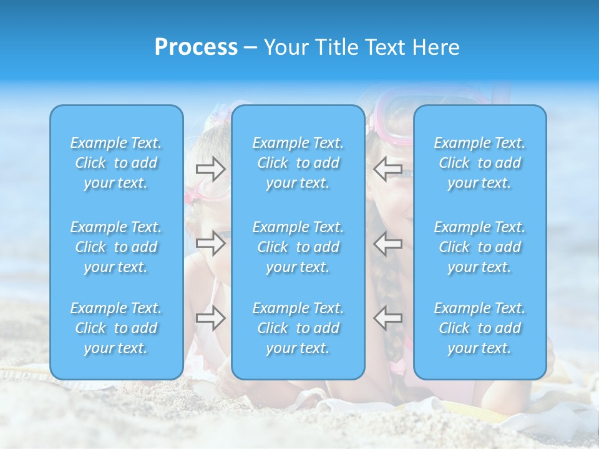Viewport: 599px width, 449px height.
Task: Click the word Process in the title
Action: pos(196,47)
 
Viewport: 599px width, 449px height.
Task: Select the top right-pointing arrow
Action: pos(211,169)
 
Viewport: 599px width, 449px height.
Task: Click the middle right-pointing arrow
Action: pos(211,243)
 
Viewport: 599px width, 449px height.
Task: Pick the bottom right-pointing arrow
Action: pos(211,318)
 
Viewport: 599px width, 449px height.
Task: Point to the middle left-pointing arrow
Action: pos(387,243)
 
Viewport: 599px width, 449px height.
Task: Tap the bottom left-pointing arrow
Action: pos(387,318)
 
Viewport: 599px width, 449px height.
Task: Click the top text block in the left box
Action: pos(116,163)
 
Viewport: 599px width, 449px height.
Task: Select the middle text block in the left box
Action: pos(116,247)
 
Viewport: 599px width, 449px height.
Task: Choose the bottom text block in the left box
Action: pos(116,328)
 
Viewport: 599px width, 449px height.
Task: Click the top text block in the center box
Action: pos(298,163)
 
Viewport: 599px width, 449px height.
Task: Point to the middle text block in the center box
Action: pos(298,247)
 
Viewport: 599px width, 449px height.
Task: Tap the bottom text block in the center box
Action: pos(298,328)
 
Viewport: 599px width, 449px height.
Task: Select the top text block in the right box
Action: pos(480,163)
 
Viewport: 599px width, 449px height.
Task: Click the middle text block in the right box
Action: pos(480,247)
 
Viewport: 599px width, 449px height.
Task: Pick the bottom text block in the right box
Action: pos(480,328)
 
